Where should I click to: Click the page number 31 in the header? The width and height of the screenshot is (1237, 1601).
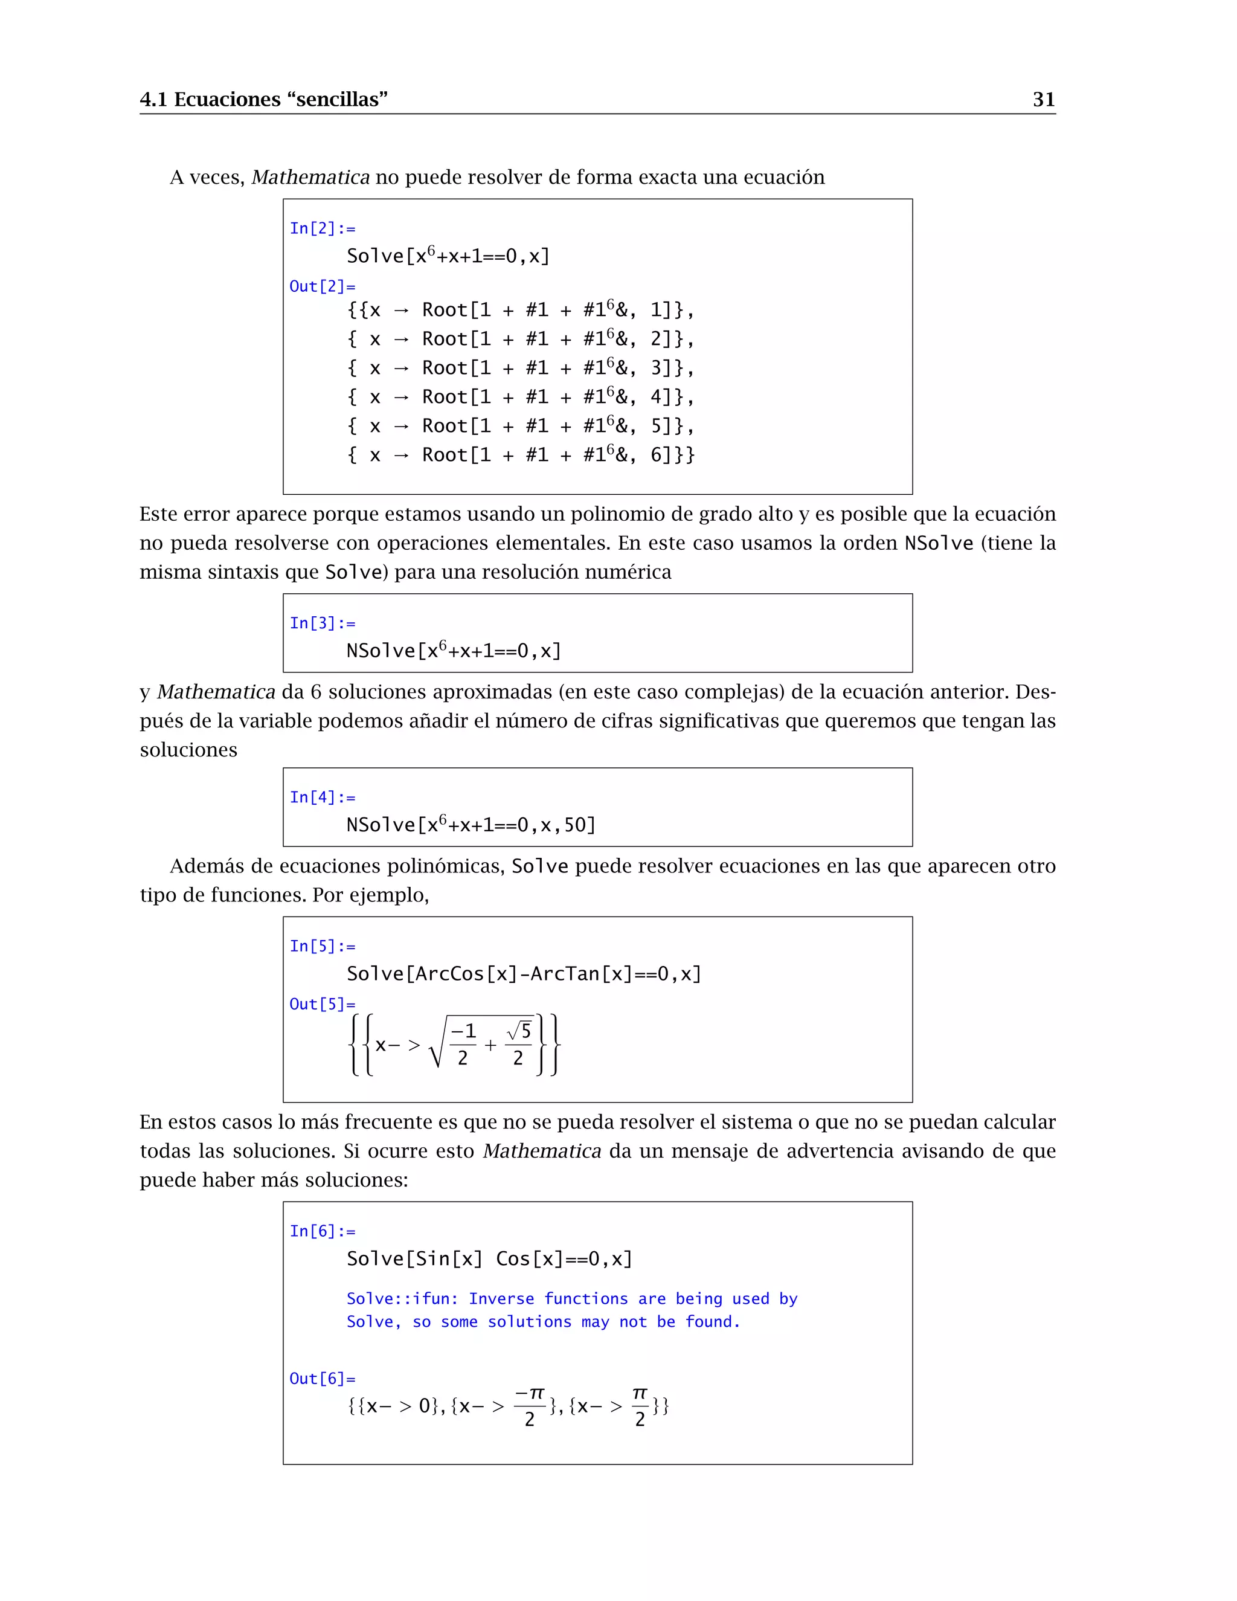1044,99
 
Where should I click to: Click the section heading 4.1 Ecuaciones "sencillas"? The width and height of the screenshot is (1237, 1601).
263,99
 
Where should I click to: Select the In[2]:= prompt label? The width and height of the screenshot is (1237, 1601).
323,229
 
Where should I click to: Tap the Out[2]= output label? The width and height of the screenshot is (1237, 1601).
323,286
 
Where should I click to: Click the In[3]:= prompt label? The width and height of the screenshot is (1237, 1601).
323,623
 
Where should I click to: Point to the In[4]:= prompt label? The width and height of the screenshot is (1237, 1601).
323,797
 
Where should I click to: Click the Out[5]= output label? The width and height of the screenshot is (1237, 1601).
323,1004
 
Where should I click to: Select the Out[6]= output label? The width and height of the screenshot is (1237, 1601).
323,1379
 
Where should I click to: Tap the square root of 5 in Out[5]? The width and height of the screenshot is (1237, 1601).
519,1031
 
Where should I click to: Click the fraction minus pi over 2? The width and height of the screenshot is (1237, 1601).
530,1406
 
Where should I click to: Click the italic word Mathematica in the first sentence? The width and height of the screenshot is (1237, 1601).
310,178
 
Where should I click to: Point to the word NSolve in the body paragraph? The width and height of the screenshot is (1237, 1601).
939,543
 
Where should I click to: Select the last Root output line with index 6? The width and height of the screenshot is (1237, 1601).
520,456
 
